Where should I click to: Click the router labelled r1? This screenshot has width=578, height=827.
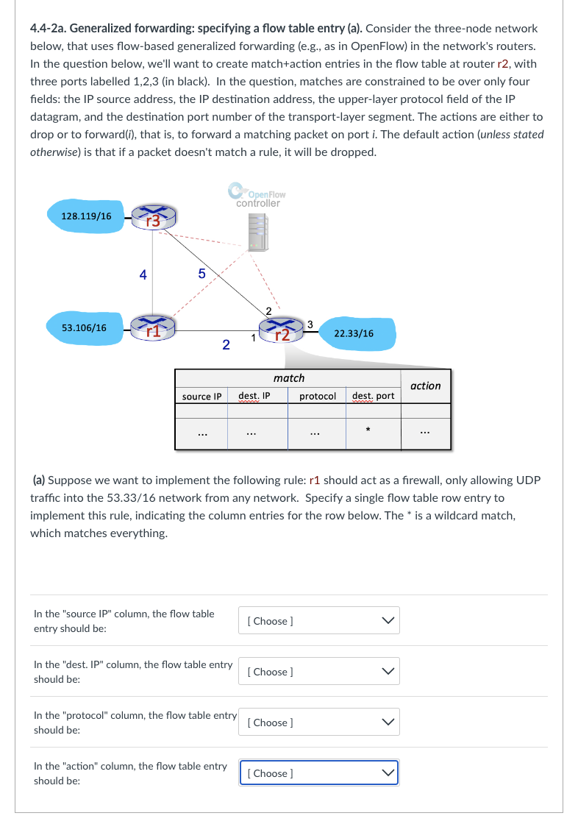tap(153, 328)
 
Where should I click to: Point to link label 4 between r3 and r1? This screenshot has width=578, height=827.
tap(143, 275)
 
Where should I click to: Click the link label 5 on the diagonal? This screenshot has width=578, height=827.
tap(201, 274)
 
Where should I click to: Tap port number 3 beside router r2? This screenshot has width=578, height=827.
tap(310, 324)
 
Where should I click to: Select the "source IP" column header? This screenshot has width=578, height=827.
tap(201, 397)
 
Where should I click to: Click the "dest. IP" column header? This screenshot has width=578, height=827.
tap(254, 396)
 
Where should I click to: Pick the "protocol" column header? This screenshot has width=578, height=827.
tap(318, 396)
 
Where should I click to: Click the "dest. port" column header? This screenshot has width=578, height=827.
tap(373, 396)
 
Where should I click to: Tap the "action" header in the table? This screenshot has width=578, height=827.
tap(425, 386)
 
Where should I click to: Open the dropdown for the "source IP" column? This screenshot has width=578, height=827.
tap(318, 621)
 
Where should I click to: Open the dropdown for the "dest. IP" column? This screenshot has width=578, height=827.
tap(318, 672)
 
